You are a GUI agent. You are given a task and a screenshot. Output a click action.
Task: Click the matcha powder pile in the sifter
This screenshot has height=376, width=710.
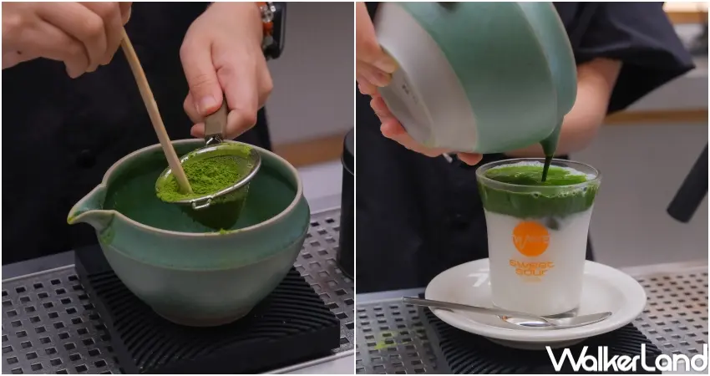click(x=205, y=175)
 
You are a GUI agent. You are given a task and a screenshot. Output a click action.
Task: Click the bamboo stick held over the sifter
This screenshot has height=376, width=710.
click(x=155, y=109)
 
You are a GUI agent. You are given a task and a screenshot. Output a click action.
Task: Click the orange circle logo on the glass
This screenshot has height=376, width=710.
click(x=530, y=237)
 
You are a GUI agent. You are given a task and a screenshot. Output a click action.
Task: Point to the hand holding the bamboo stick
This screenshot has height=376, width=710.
click(x=63, y=33)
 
